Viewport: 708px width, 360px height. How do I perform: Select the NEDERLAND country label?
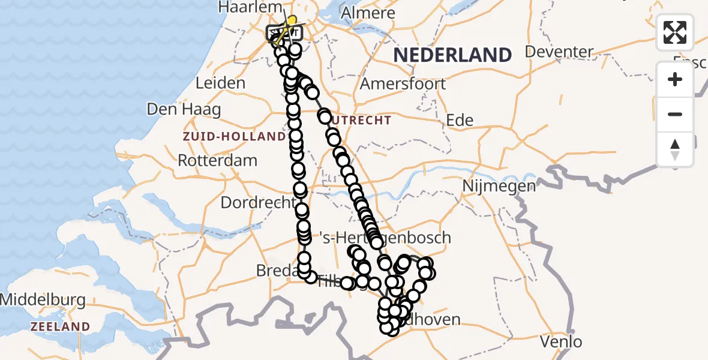452,55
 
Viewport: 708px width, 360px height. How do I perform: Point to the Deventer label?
559,52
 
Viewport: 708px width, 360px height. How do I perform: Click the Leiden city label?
220,83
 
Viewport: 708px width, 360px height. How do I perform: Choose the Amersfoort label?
403,83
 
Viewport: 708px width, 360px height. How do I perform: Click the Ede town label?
460,120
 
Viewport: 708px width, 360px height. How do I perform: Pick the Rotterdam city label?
218,161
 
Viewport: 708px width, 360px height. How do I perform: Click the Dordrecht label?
258,202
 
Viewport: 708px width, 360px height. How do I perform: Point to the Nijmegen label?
499,187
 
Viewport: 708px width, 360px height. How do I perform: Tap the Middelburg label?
43,299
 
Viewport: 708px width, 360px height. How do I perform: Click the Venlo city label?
561,342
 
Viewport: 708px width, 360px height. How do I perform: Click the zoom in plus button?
675,79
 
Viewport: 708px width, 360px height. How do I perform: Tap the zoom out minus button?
675,114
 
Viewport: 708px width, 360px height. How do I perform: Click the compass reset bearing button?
675,149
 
